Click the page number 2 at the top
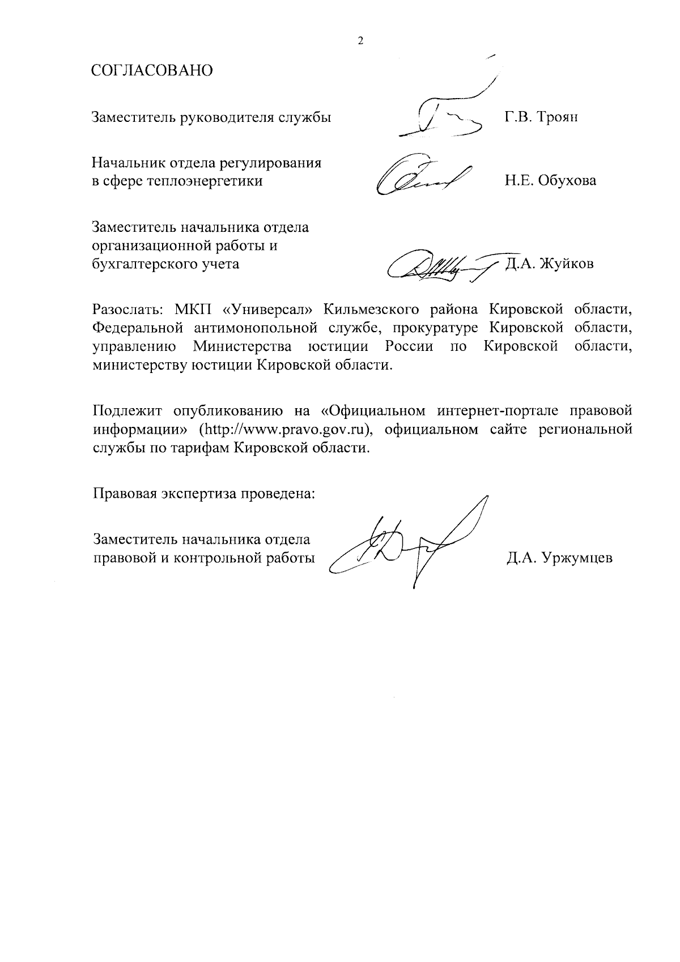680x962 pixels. click(360, 41)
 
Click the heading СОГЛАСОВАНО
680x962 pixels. click(152, 71)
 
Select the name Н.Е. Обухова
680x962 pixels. click(550, 181)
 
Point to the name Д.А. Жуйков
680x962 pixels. click(549, 264)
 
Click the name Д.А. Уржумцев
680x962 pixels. click(559, 558)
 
